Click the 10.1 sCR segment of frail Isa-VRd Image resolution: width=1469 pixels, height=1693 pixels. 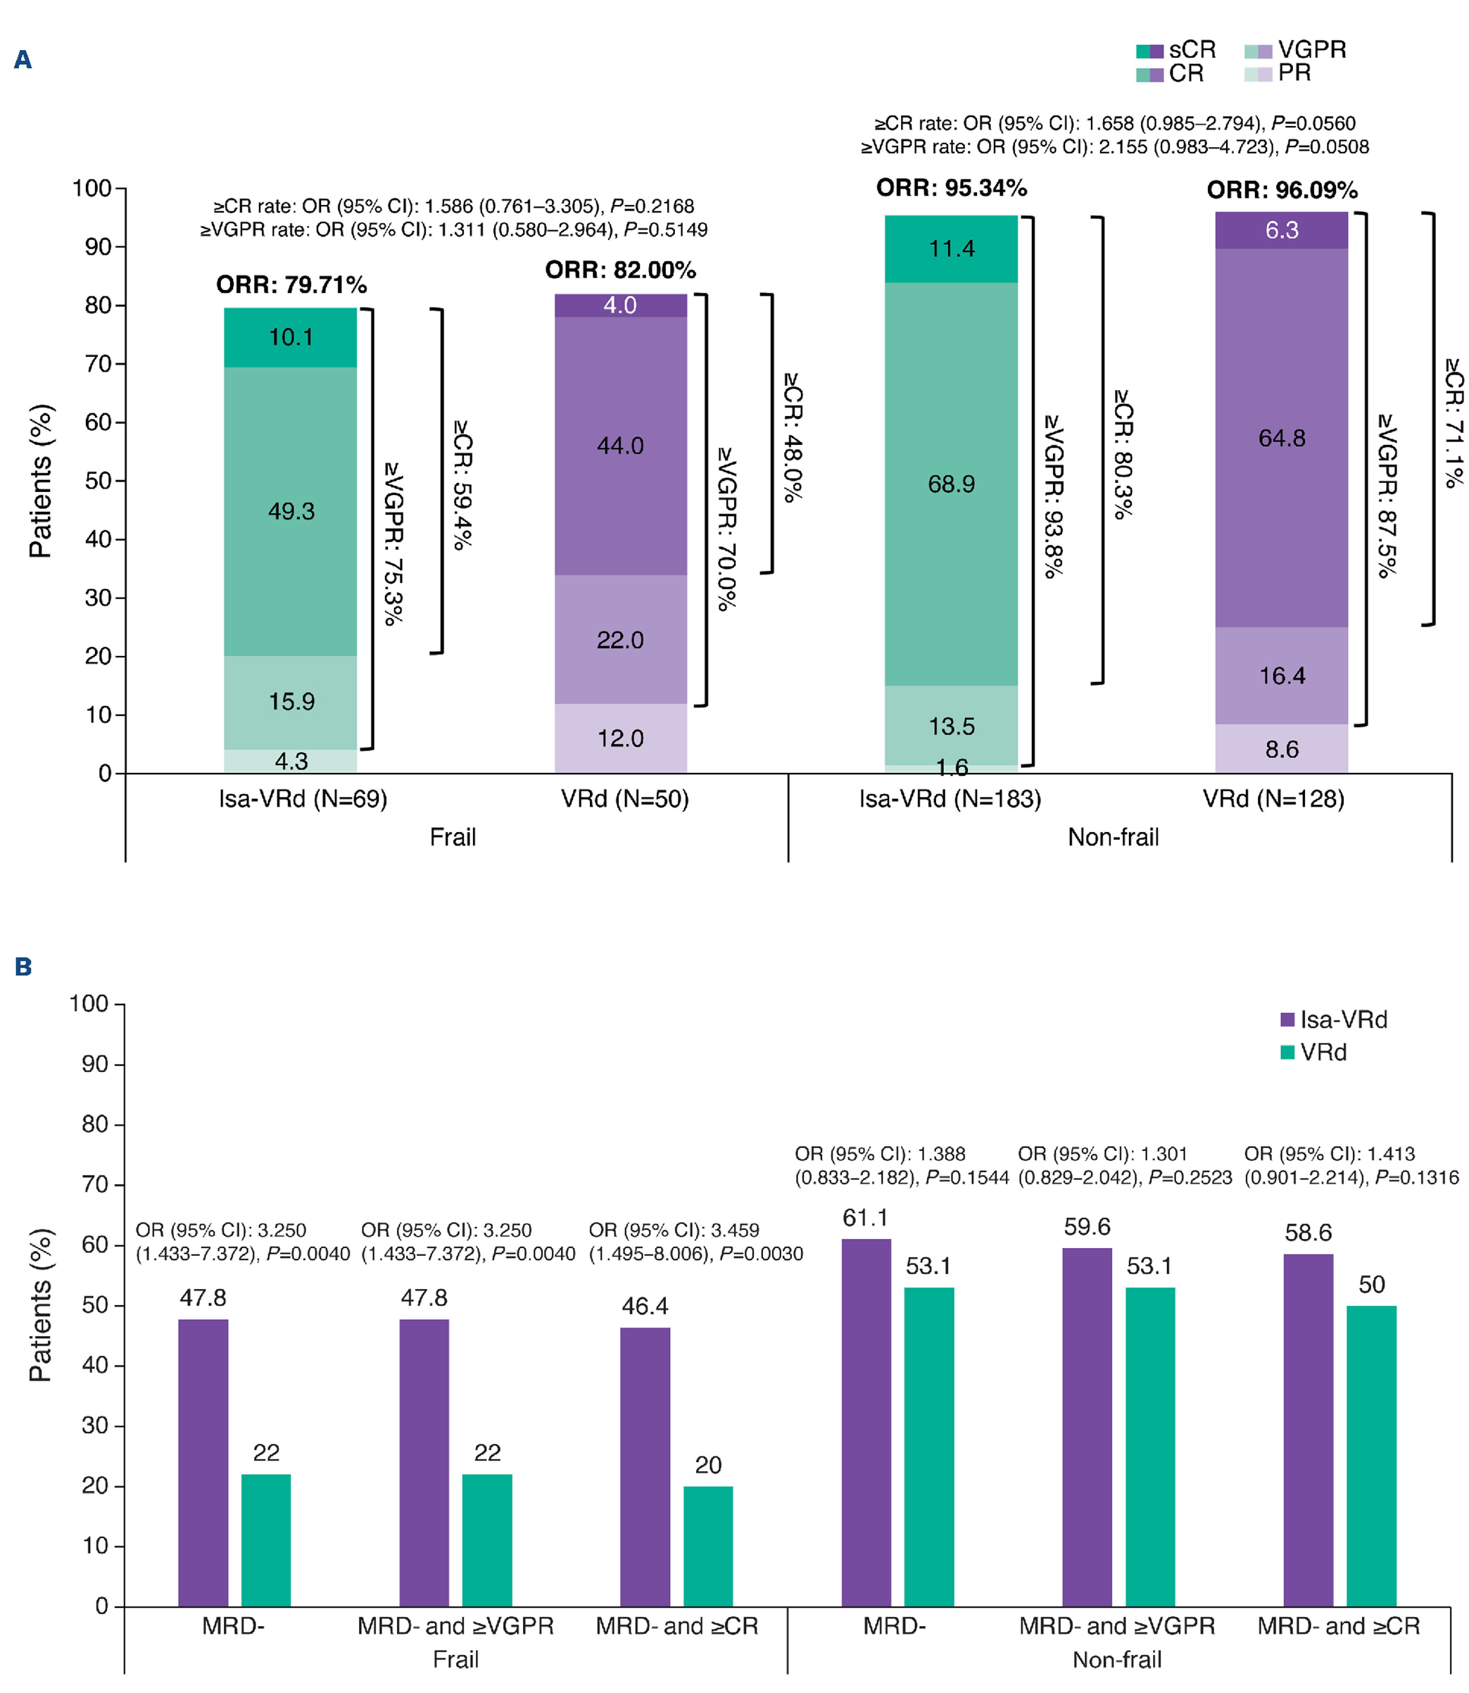[290, 337]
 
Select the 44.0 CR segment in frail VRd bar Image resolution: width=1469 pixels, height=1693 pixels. [621, 445]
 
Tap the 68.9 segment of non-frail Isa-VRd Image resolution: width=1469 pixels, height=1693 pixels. [951, 484]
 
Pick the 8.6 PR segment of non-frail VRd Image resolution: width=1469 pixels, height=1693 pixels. [1281, 748]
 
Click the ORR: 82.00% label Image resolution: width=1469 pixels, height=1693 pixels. [621, 270]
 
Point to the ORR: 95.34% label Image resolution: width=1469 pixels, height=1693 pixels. [951, 188]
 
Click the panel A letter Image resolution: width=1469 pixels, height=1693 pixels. [23, 60]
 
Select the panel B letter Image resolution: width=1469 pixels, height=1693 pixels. [23, 967]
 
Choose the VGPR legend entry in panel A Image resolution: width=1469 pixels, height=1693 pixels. [1295, 50]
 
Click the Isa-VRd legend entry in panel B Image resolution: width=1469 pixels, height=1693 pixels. [1334, 1020]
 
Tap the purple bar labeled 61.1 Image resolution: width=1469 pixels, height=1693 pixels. [866, 1423]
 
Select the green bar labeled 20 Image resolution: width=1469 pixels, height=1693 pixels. [708, 1547]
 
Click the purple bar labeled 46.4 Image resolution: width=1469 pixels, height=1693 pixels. [645, 1467]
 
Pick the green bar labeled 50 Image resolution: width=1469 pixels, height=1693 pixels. [1371, 1456]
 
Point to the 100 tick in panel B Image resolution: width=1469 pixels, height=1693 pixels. [89, 1004]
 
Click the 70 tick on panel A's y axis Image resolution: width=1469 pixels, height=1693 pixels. [99, 363]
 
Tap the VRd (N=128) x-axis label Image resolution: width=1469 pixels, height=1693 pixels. [1273, 798]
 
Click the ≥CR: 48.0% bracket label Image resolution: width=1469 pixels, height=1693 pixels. [793, 437]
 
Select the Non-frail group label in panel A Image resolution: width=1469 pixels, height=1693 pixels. [1114, 837]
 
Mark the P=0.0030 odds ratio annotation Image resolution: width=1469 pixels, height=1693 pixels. [696, 1242]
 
